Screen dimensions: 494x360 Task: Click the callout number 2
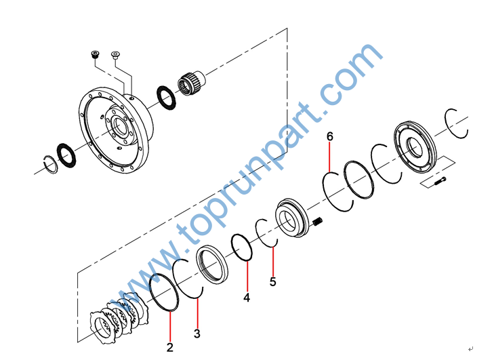click(170, 347)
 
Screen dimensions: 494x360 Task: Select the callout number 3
click(197, 334)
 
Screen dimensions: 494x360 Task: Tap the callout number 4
click(247, 298)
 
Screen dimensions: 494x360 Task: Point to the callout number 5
click(273, 281)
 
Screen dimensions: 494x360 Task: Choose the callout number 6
click(330, 136)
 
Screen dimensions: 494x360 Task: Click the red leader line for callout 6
click(329, 157)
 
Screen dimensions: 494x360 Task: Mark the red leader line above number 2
click(170, 326)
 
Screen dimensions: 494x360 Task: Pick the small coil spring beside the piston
click(318, 221)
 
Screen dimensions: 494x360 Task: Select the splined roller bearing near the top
click(191, 83)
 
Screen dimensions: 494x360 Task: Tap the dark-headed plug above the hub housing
click(95, 54)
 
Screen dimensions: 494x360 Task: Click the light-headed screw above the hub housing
click(116, 56)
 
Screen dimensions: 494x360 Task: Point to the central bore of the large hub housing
click(120, 126)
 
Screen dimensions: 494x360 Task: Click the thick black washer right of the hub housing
click(166, 98)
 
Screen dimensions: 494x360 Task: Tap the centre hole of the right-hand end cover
click(415, 147)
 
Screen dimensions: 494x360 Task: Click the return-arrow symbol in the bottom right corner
click(471, 348)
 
